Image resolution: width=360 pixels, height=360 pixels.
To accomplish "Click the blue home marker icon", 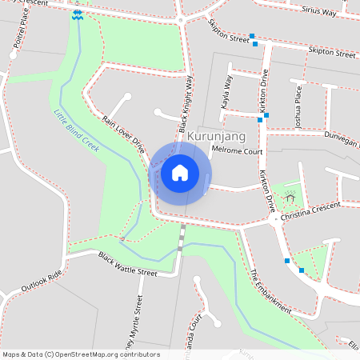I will tap(180, 172).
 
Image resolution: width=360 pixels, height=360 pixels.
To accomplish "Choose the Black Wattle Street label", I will tap(128, 263).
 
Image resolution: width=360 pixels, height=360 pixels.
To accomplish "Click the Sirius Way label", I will tap(320, 10).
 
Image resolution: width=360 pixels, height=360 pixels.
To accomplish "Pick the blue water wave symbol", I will tap(77, 15).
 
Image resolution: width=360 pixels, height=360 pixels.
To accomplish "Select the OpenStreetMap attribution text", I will tap(81, 354).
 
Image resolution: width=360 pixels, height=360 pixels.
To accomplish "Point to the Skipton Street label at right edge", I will tap(334, 54).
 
